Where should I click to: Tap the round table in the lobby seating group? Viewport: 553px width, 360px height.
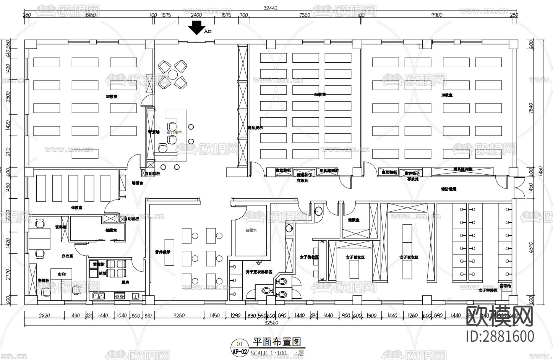(x=173, y=74)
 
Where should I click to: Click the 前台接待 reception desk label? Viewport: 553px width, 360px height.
(x=174, y=132)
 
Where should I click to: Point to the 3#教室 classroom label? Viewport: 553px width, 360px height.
(x=112, y=97)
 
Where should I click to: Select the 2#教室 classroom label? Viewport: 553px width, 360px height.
(x=319, y=94)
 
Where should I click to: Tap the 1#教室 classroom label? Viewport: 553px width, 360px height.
(x=446, y=95)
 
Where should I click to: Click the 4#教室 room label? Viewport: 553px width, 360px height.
(x=76, y=208)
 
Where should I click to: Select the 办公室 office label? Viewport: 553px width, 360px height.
(x=67, y=255)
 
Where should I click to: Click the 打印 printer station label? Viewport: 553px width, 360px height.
(x=62, y=274)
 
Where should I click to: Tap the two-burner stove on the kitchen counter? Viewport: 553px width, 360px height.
(x=120, y=295)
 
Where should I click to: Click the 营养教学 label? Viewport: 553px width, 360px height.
(x=162, y=252)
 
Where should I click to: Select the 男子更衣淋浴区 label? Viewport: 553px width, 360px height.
(x=259, y=272)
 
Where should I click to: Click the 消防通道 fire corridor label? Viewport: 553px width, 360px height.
(x=449, y=189)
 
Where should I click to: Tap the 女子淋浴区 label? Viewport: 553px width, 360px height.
(x=488, y=290)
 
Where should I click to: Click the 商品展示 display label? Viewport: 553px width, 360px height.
(x=255, y=128)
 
